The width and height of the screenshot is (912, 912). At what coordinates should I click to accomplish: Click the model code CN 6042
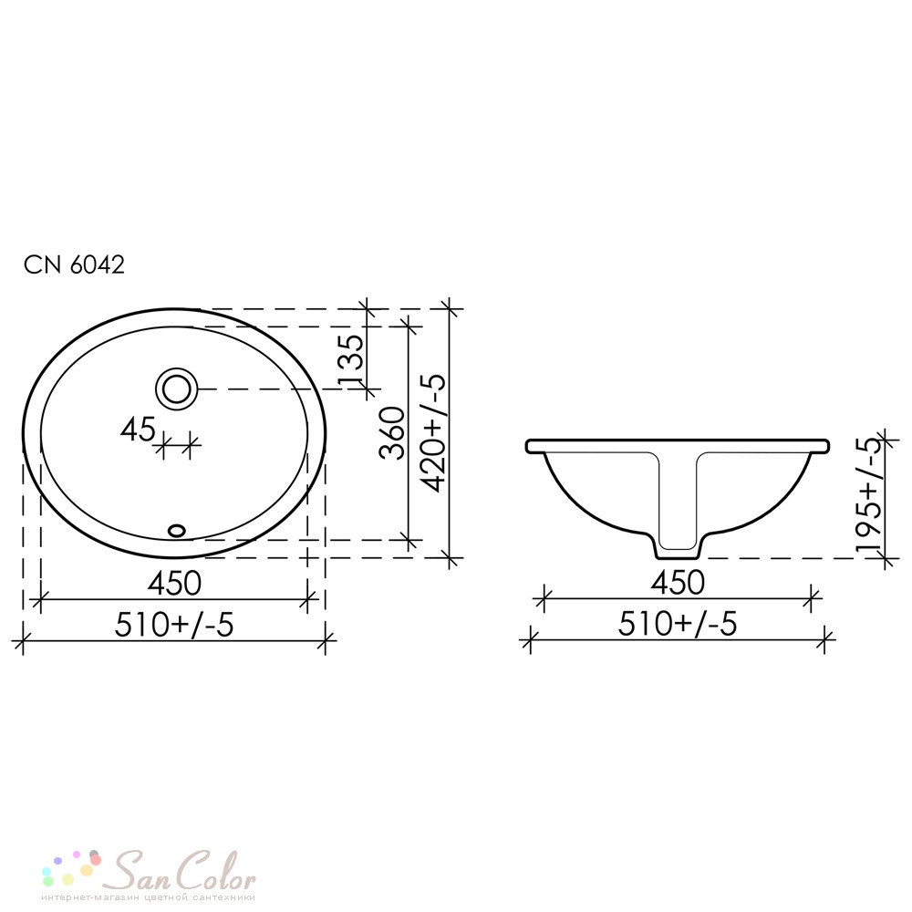(74, 265)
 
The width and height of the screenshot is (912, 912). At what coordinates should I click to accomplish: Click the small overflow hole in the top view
(176, 530)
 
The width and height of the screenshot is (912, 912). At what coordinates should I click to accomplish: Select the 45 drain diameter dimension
(138, 430)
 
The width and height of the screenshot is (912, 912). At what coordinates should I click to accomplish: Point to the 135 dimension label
(351, 358)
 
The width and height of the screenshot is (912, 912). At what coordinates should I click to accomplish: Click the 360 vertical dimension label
(392, 432)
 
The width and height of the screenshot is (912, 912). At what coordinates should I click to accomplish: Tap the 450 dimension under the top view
(174, 583)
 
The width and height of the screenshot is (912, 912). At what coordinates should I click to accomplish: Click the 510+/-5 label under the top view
(174, 625)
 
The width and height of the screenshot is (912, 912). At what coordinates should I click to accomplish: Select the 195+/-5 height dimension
(869, 493)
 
